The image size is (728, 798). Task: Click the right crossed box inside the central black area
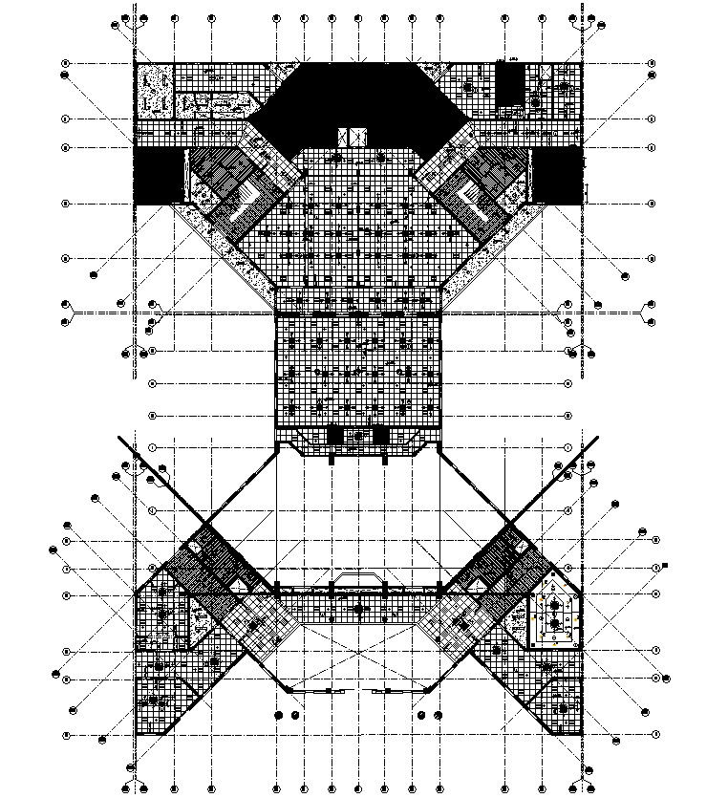pyautogui.click(x=360, y=137)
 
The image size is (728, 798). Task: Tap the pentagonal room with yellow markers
pyautogui.click(x=553, y=617)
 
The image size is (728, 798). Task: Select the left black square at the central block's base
pyautogui.click(x=334, y=436)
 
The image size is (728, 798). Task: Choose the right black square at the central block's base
pyautogui.click(x=381, y=436)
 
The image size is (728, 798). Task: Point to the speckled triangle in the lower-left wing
pyautogui.click(x=201, y=622)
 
